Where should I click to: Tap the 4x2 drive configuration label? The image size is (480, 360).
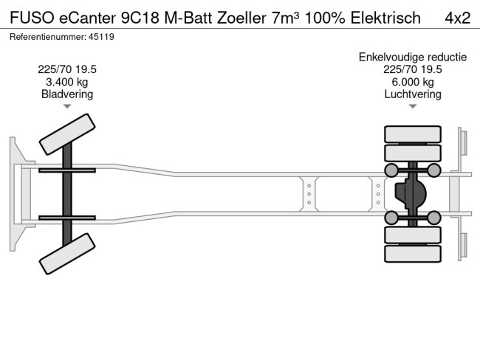pyautogui.click(x=457, y=17)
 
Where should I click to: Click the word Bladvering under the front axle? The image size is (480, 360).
pyautogui.click(x=67, y=94)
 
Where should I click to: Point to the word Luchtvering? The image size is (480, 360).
pyautogui.click(x=412, y=94)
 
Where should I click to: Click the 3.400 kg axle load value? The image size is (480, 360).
pyautogui.click(x=67, y=82)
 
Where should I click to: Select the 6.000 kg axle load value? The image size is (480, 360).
pyautogui.click(x=412, y=82)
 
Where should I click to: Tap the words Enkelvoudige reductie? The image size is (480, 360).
pyautogui.click(x=412, y=57)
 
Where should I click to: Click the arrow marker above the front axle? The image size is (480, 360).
pyautogui.click(x=67, y=107)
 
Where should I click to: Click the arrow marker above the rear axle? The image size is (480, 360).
pyautogui.click(x=412, y=107)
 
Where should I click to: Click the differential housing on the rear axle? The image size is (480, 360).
pyautogui.click(x=410, y=194)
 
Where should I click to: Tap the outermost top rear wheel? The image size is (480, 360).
pyautogui.click(x=412, y=134)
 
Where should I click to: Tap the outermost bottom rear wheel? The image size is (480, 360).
pyautogui.click(x=412, y=254)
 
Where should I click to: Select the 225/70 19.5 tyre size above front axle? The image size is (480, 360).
pyautogui.click(x=67, y=69)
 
